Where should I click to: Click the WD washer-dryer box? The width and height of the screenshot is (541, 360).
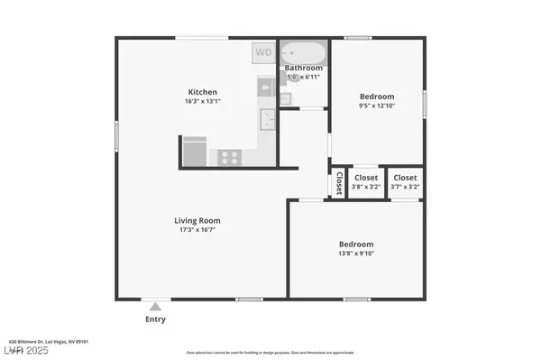tap(262, 52)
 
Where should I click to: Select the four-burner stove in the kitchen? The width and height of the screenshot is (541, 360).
tap(230, 157)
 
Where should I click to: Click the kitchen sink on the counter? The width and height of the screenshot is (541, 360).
tap(267, 118)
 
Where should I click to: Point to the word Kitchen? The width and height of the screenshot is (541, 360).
tap(201, 92)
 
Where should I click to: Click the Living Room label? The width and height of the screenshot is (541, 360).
tap(197, 220)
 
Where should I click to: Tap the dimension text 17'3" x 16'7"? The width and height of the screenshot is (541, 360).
tap(197, 231)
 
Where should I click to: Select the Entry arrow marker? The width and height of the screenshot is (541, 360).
tap(156, 306)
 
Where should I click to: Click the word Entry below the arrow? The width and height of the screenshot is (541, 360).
tap(156, 318)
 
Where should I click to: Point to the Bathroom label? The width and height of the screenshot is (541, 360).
tap(304, 68)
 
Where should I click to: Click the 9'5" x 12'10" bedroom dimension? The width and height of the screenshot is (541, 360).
tap(378, 106)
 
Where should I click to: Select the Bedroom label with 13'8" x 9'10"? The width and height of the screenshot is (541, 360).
tap(356, 245)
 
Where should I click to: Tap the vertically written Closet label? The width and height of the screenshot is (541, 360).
tap(339, 183)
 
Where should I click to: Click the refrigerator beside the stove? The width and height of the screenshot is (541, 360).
tap(195, 151)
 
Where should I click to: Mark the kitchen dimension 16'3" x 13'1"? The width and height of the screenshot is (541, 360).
tap(201, 102)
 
